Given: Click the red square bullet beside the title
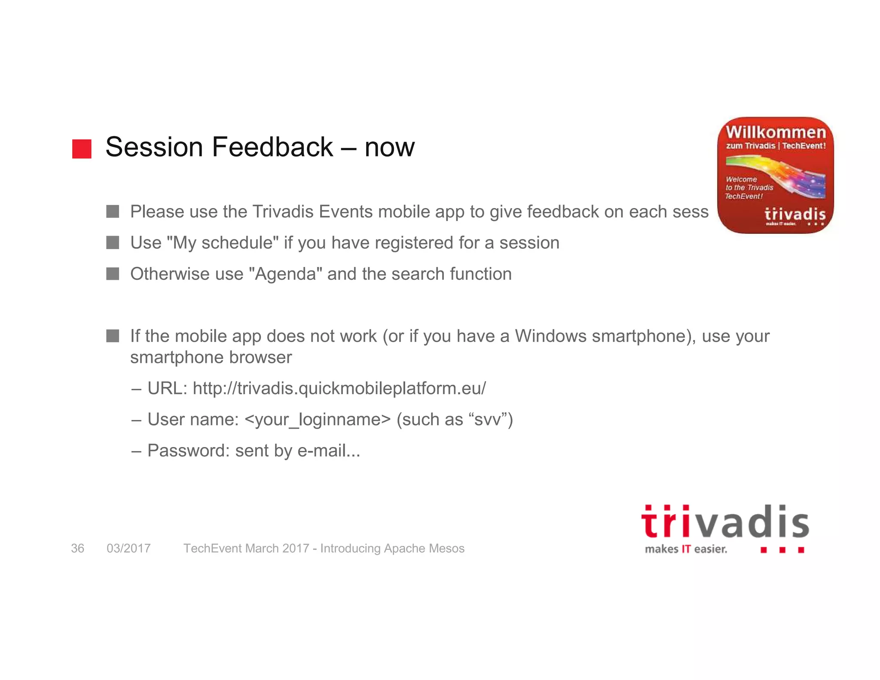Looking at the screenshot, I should click(x=82, y=149).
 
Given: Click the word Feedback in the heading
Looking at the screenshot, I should click(x=272, y=147).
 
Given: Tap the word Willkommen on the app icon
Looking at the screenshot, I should click(x=776, y=132).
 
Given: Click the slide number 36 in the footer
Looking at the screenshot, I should click(x=77, y=548).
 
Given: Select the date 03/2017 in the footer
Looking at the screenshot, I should click(x=128, y=548).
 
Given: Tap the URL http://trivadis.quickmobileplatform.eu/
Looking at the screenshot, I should click(x=339, y=389).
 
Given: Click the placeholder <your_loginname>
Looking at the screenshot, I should click(x=318, y=420).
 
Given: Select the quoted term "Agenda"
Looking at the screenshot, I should click(x=286, y=274).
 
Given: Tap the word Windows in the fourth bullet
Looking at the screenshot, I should click(x=550, y=336).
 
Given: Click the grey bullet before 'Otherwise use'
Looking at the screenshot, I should click(x=113, y=274).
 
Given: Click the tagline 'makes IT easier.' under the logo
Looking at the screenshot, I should click(x=686, y=549).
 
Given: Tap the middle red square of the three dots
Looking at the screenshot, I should click(x=782, y=550).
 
